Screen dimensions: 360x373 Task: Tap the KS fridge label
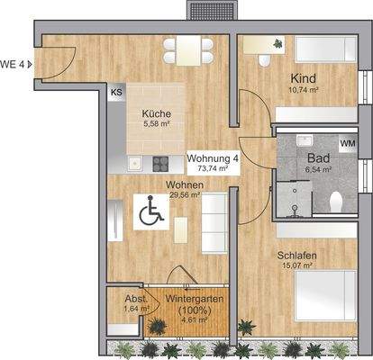coord(116,93)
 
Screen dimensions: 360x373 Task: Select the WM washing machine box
coord(346,144)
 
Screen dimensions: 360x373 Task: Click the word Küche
coord(155,113)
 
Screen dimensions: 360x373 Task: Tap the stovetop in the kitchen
coord(160,163)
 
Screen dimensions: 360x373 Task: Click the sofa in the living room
coord(213,217)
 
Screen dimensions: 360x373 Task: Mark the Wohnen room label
coord(183,184)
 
